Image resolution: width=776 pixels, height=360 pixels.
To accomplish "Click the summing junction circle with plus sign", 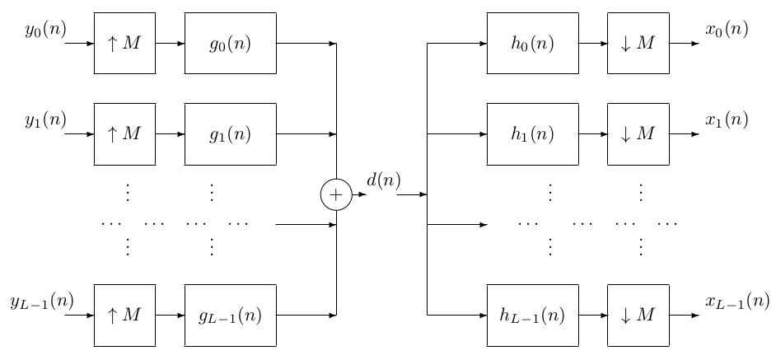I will point(336,194).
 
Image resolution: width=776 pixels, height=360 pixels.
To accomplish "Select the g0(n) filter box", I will point(230,44).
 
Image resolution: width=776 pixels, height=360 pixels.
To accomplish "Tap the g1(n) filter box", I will point(230,133).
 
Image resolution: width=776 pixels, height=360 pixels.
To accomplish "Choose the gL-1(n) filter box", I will point(230,315).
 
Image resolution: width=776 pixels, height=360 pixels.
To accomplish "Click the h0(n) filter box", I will point(532,44).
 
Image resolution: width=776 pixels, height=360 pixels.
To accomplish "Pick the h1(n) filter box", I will point(532,133).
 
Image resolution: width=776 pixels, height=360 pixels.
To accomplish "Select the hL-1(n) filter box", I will point(532,315).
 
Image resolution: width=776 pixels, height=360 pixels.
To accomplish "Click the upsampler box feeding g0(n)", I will point(124,44).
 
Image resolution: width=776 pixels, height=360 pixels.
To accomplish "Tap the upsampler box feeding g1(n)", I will point(124,133).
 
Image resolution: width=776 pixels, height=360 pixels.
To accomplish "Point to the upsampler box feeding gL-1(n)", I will point(124,315).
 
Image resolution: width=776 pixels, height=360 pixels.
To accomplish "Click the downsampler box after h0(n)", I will point(638,44).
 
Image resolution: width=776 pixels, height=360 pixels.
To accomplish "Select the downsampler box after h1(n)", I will point(638,133).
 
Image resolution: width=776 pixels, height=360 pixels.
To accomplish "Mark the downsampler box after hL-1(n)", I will point(638,315).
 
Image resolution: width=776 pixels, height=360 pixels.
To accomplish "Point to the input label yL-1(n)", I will point(41,302).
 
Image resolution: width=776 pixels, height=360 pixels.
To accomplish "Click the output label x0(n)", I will point(727,30).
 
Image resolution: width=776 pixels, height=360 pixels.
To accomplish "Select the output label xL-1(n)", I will point(736,302).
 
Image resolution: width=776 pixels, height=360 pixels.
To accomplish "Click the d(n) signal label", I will point(384,180).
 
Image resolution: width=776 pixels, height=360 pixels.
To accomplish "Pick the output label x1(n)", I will point(727,120).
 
